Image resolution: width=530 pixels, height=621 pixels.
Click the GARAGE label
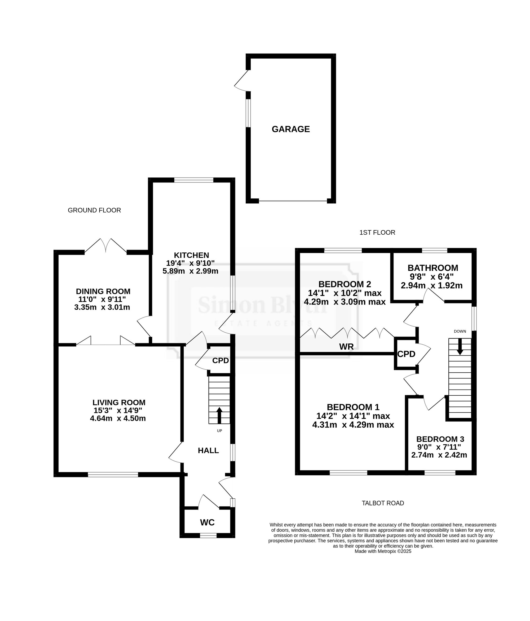(290, 129)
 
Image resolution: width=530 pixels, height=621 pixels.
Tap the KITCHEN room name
(191, 255)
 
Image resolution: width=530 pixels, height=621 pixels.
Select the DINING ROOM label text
(103, 291)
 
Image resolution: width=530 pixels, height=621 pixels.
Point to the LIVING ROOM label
(119, 403)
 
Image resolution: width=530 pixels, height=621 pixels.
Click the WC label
(207, 523)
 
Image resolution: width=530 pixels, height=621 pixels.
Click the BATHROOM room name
(432, 268)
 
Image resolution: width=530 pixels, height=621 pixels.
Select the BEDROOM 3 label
(440, 439)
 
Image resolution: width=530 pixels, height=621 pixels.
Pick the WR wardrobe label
(346, 347)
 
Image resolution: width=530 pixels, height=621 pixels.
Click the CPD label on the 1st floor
(406, 354)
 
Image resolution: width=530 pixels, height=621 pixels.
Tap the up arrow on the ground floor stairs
(219, 416)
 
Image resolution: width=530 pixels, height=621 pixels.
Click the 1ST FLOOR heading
(377, 233)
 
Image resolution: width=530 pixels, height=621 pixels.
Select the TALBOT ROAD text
(383, 503)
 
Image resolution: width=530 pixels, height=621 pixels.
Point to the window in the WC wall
(208, 535)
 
